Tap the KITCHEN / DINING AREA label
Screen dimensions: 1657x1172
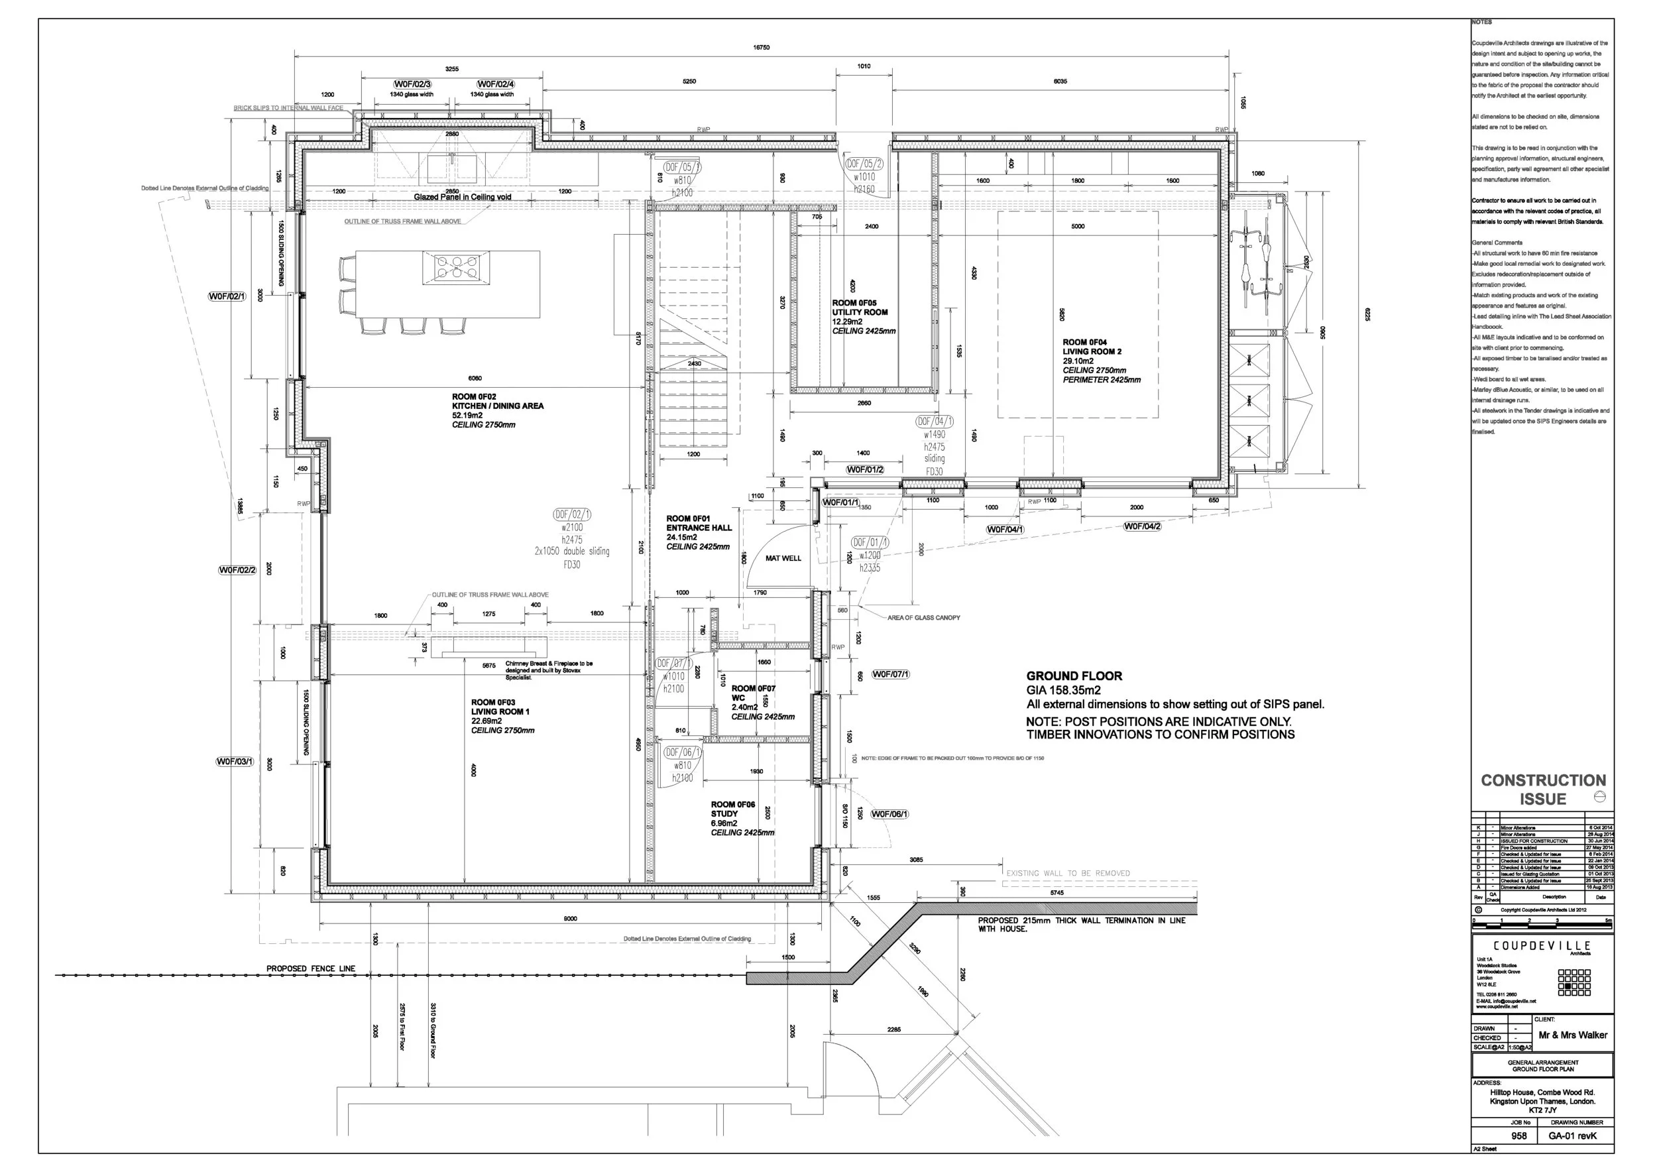pyautogui.click(x=497, y=406)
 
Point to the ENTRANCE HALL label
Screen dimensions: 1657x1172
pyautogui.click(x=698, y=528)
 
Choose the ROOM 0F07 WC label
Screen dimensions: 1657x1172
pyautogui.click(x=753, y=693)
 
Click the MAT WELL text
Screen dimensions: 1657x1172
pyautogui.click(x=783, y=558)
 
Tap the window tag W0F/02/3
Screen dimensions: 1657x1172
pyautogui.click(x=412, y=84)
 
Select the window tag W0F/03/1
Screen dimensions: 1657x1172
pyautogui.click(x=235, y=762)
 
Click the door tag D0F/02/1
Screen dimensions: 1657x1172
pyautogui.click(x=571, y=514)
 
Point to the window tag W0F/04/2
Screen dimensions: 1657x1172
pyautogui.click(x=1142, y=526)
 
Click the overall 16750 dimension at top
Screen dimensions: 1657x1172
pyautogui.click(x=761, y=48)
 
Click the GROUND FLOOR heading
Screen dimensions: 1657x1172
pyautogui.click(x=1074, y=675)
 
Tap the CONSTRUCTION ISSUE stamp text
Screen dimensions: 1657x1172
pyautogui.click(x=1543, y=790)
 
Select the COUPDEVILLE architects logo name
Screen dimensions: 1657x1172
pyautogui.click(x=1542, y=945)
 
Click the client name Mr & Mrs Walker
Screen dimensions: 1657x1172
pyautogui.click(x=1573, y=1035)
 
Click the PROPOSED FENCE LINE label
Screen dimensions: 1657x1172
pyautogui.click(x=310, y=968)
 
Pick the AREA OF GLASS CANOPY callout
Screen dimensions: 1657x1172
pyautogui.click(x=923, y=618)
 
